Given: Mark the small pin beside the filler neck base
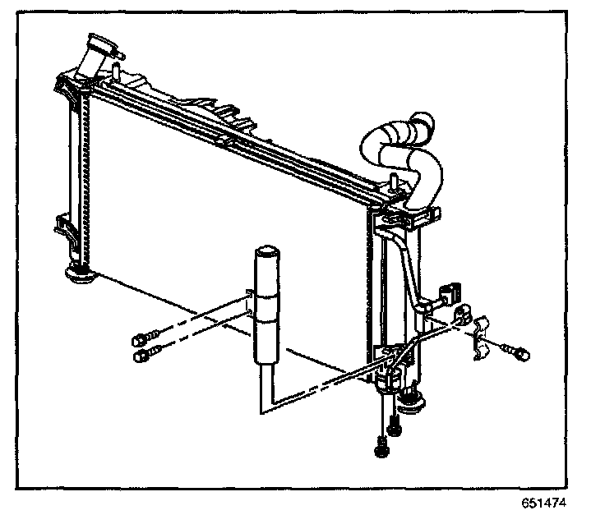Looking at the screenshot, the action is pos(118,72).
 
